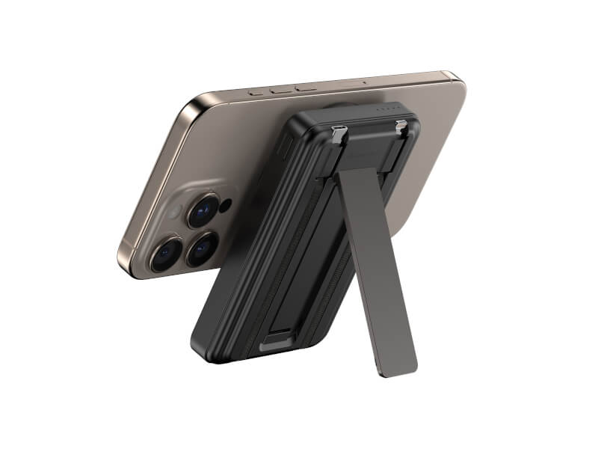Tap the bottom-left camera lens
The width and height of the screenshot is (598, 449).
165,254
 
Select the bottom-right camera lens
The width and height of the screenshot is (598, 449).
203,248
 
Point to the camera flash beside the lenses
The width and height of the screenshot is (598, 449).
174,213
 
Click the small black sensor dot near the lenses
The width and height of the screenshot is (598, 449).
226,204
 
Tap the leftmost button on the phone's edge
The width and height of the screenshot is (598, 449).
258,93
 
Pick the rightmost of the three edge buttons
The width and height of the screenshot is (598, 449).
306,88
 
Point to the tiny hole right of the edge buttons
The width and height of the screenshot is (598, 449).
364,82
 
